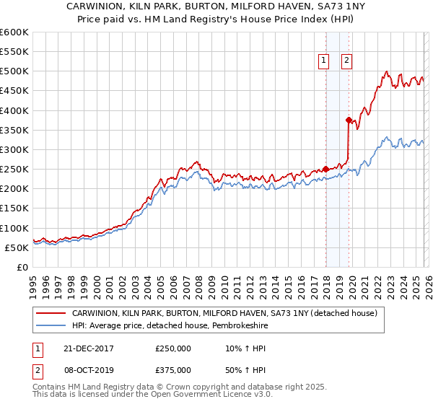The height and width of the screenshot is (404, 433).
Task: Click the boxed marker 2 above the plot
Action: click(x=347, y=61)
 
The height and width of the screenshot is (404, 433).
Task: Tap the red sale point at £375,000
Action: click(x=349, y=120)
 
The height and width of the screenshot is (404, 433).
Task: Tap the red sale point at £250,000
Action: click(x=325, y=170)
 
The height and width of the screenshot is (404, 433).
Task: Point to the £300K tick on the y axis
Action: click(x=14, y=149)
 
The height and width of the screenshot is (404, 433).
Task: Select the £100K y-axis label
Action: click(x=14, y=228)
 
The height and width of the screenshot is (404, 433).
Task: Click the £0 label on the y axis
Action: click(x=22, y=267)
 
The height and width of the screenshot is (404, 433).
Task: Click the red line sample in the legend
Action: click(x=52, y=314)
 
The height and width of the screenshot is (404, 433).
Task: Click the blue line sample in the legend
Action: click(x=52, y=326)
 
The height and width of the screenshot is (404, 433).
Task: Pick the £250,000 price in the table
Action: click(x=173, y=348)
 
